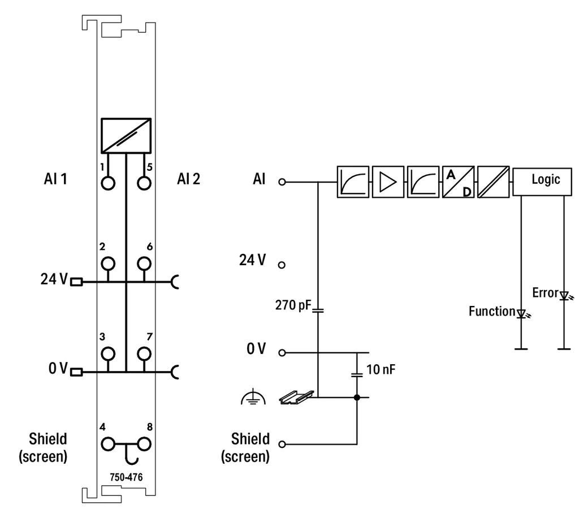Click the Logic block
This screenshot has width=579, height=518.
click(x=542, y=181)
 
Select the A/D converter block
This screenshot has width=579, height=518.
click(x=458, y=182)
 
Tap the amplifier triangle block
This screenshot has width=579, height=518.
click(x=388, y=182)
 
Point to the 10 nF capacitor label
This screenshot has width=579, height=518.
click(x=381, y=369)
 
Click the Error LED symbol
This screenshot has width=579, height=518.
click(x=565, y=295)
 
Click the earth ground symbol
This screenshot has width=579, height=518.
click(x=253, y=398)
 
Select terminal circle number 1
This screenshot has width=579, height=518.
click(x=108, y=183)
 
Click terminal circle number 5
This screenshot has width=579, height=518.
click(x=144, y=183)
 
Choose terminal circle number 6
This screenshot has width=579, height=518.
click(x=144, y=264)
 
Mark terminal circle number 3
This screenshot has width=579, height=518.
click(x=108, y=353)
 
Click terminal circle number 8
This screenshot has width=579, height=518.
click(x=144, y=444)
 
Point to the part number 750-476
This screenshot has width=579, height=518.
click(x=126, y=477)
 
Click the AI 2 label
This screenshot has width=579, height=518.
click(x=188, y=179)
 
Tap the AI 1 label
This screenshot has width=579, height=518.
click(x=55, y=179)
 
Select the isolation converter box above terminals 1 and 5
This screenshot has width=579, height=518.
click(x=126, y=136)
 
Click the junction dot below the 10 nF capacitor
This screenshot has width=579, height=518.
click(x=357, y=398)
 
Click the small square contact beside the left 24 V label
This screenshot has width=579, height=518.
click(x=76, y=282)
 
